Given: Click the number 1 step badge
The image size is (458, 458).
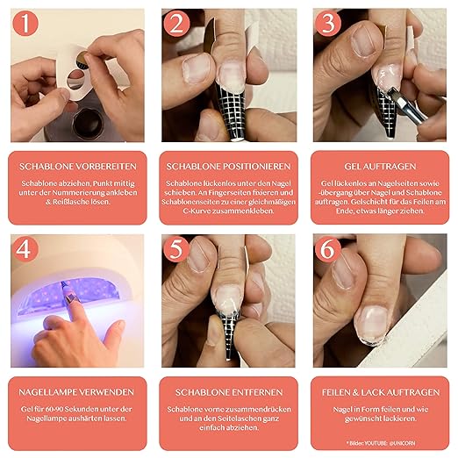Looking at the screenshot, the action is [x=25, y=23].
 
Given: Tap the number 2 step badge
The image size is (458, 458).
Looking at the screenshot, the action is [x=176, y=23].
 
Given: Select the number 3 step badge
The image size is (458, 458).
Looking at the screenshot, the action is [x=328, y=23].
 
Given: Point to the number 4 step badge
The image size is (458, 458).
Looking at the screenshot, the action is [x=25, y=249].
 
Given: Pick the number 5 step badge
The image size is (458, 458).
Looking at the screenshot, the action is [x=176, y=249].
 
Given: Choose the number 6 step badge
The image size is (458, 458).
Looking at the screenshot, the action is [x=328, y=249].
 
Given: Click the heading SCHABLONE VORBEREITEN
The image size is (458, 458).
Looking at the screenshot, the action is [x=78, y=167].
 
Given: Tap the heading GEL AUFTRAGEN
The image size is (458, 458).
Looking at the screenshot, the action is [x=380, y=167].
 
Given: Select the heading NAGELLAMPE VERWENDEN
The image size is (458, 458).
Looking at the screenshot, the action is [x=76, y=392].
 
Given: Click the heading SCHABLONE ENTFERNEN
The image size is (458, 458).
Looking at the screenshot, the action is [x=229, y=392].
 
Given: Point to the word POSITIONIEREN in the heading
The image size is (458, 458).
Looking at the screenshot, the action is [x=255, y=167].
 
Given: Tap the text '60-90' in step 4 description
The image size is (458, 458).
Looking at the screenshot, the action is [x=54, y=409].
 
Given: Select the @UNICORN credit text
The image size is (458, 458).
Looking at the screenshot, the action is [x=402, y=443].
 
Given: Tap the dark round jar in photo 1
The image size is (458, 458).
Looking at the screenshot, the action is [x=87, y=124].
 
